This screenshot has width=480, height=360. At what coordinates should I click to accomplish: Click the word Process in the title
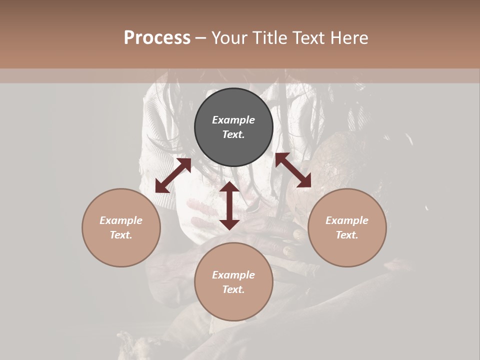coord(157,37)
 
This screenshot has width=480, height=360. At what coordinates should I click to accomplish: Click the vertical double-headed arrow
coord(229,205)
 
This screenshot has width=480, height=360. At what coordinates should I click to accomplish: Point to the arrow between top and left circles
coord(173,175)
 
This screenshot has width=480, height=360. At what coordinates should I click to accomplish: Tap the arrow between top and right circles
coord(293,170)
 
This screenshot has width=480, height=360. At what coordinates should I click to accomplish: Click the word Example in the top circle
coord(233,120)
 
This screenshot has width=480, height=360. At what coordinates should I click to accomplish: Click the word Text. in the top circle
coord(233,134)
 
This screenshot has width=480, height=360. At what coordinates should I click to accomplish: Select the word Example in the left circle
coord(121,220)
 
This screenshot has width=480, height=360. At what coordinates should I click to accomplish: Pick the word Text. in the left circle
coord(121,235)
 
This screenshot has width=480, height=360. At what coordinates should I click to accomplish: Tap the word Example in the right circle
coord(347,220)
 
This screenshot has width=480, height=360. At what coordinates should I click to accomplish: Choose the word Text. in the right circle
coord(347,235)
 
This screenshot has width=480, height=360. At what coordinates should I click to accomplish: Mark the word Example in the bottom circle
coord(233,275)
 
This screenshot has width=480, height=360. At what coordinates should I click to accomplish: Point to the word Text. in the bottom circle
coord(233,289)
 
